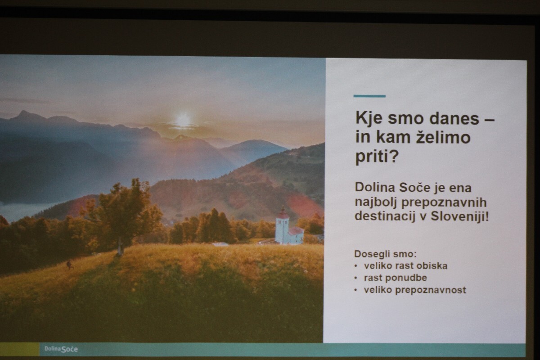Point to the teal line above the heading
(369, 96)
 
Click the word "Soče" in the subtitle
(414, 187)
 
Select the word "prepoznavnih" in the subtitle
(444, 202)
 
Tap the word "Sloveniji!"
(459, 216)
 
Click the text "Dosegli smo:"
(385, 254)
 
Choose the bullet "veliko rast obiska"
(405, 265)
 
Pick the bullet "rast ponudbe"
(396, 278)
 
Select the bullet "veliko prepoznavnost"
(415, 290)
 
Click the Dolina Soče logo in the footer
(61, 349)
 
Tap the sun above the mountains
(183, 120)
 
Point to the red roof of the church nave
(296, 231)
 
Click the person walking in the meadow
(69, 265)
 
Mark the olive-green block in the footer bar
(19, 349)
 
